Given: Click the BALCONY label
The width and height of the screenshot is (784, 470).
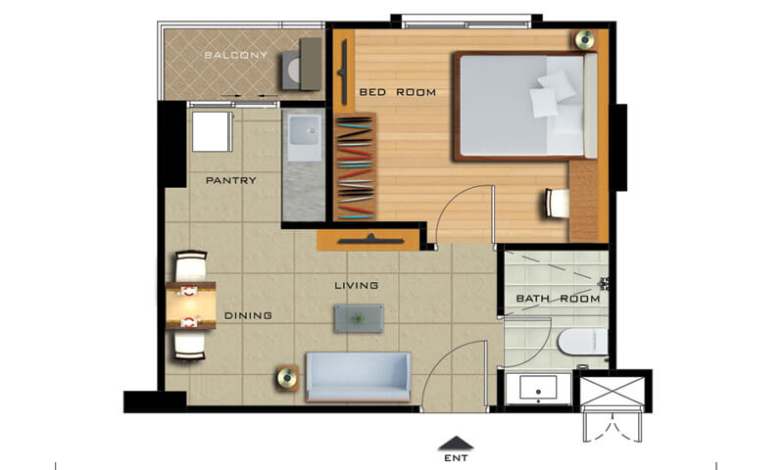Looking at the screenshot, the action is (x=236, y=55).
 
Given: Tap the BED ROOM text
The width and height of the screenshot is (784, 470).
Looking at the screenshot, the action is (x=398, y=92).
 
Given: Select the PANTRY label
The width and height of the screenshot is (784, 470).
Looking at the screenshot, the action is (x=231, y=180).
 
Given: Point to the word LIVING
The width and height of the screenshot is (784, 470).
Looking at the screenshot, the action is (x=356, y=285).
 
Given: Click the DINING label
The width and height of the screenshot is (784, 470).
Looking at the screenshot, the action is (x=248, y=315).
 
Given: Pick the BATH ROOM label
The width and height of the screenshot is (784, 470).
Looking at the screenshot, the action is (x=558, y=299).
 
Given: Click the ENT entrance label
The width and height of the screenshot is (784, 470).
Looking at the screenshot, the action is (x=456, y=457).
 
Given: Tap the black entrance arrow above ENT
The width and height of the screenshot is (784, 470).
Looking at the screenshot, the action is (x=456, y=443).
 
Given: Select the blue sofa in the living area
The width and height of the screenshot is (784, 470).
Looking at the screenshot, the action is (x=358, y=377).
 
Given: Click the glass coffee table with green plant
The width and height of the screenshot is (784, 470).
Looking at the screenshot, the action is (x=359, y=318).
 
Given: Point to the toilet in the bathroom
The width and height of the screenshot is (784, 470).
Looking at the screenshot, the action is (x=582, y=342).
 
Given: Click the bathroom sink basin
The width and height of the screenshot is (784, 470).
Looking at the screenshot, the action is (x=538, y=388).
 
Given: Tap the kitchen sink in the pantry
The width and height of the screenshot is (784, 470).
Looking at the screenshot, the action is (x=305, y=130).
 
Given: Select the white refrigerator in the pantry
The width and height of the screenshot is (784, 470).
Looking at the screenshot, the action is (x=212, y=131).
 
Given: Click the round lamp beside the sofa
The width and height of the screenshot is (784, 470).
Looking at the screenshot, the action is (x=287, y=378).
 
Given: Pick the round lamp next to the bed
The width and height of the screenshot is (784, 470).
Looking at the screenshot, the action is (x=584, y=39).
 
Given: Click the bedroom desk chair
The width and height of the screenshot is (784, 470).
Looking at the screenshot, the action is (x=557, y=203).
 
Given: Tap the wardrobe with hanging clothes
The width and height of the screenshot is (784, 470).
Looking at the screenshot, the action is (x=355, y=166).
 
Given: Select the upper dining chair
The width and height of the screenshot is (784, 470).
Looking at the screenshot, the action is (x=190, y=265).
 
